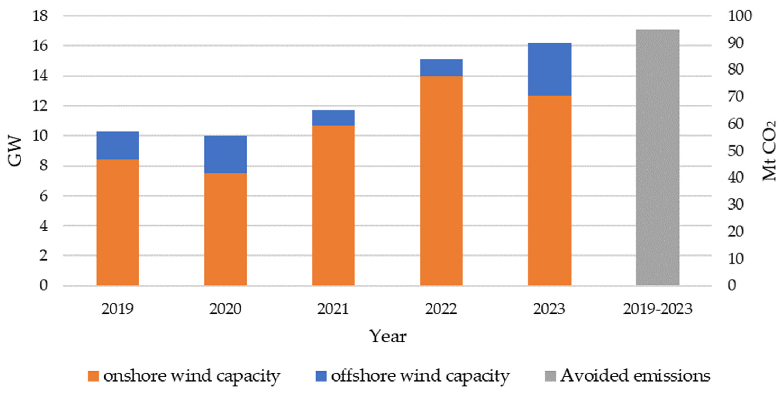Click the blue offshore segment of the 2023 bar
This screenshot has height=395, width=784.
click(549, 69)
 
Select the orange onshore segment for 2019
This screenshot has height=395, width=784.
click(117, 222)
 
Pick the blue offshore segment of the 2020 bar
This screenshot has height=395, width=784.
click(225, 154)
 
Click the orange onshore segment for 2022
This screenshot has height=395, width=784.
click(441, 181)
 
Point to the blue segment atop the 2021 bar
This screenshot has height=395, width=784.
click(333, 118)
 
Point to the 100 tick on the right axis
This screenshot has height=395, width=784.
click(740, 16)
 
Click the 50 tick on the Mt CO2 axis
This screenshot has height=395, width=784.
click(735, 151)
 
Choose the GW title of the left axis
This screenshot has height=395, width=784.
click(15, 151)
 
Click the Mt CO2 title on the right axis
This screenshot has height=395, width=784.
click(769, 151)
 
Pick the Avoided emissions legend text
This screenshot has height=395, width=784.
click(635, 375)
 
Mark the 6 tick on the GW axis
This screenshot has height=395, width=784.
click(44, 196)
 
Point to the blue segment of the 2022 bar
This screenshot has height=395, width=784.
click(441, 67)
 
